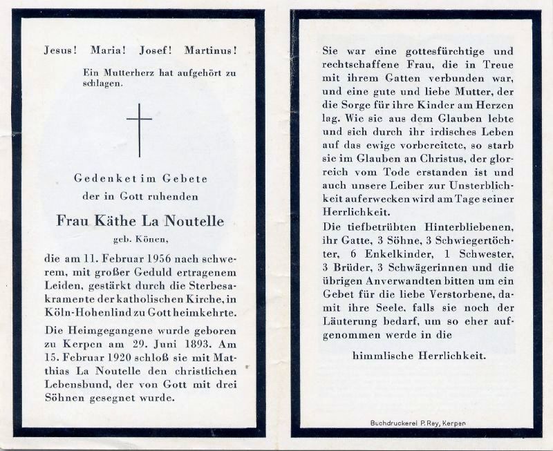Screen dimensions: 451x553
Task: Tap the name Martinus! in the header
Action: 211,50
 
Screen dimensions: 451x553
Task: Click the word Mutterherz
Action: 128,72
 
